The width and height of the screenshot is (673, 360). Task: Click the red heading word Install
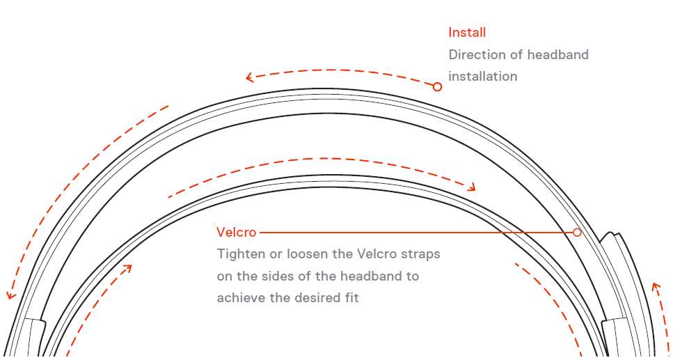pyautogui.click(x=467, y=33)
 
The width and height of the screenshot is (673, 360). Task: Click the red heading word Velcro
pyautogui.click(x=236, y=233)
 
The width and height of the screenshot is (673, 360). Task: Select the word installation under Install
pyautogui.click(x=482, y=77)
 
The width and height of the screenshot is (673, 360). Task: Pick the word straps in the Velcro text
pyautogui.click(x=420, y=254)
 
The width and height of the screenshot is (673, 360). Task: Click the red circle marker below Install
pyautogui.click(x=437, y=87)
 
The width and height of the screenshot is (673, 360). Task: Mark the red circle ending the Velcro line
pyautogui.click(x=577, y=232)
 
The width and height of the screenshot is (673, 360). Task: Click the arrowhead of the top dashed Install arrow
pyautogui.click(x=248, y=78)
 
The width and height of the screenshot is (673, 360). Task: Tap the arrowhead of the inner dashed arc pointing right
pyautogui.click(x=473, y=187)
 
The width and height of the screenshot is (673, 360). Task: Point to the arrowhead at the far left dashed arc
pyautogui.click(x=10, y=296)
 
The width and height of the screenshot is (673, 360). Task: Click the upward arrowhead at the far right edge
pyautogui.click(x=654, y=285)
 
